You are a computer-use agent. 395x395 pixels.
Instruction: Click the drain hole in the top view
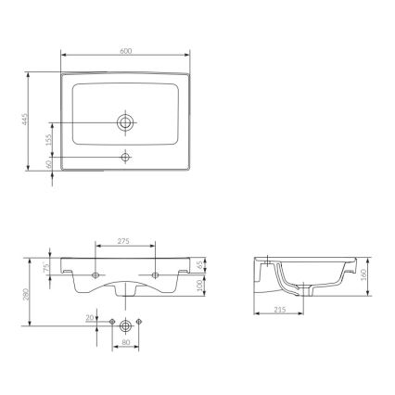coord(126,121)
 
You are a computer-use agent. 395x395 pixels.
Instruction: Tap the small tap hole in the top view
coord(126,158)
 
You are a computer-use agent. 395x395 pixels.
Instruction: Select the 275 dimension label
coord(125,240)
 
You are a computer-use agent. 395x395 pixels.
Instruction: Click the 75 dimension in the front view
coord(48,267)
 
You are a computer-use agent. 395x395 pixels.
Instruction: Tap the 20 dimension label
coord(90,317)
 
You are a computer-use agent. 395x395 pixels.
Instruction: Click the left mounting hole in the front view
coord(96,275)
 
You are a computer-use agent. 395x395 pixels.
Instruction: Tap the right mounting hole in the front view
coord(155,275)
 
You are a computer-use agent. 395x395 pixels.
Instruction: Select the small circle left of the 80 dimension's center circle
coord(112,322)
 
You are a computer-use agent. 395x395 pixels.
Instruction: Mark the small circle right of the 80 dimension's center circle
coord(138,322)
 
